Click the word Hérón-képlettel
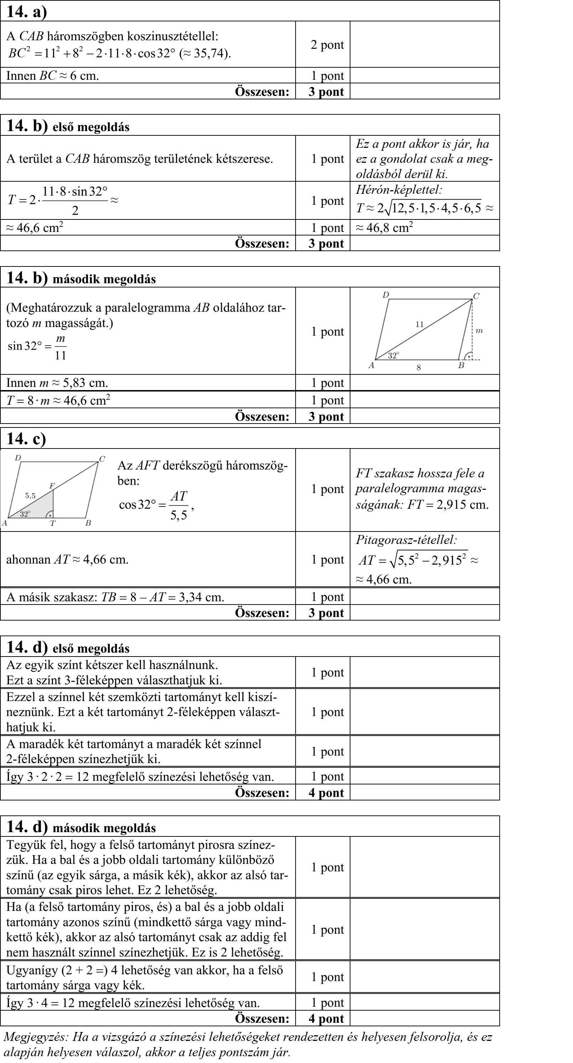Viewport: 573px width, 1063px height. [399, 190]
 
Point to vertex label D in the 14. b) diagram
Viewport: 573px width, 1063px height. [385, 295]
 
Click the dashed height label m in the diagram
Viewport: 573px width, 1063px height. [479, 331]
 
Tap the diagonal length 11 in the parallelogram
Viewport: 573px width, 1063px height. [420, 324]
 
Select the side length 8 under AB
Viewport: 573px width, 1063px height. [418, 368]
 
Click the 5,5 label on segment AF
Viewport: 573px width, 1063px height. [30, 496]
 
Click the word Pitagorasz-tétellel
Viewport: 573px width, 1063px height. [406, 540]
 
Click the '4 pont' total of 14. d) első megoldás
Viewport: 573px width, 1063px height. [326, 793]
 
